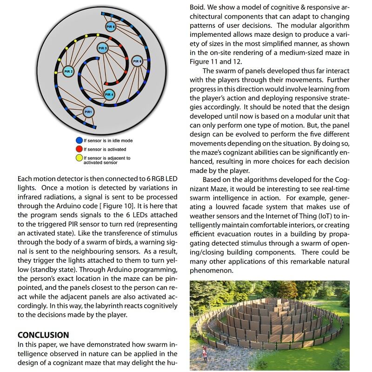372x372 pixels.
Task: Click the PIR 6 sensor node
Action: [x=110, y=27]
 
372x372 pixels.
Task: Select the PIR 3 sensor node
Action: [x=103, y=48]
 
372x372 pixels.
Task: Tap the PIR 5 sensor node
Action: [x=137, y=61]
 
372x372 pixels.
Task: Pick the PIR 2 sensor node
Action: [x=68, y=72]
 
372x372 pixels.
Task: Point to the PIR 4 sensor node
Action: [x=109, y=94]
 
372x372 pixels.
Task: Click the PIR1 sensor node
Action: [x=88, y=112]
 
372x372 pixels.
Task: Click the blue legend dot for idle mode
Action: [x=79, y=140]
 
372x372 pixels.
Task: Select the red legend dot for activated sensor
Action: [x=79, y=149]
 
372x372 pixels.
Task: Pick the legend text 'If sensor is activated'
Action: [x=105, y=149]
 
